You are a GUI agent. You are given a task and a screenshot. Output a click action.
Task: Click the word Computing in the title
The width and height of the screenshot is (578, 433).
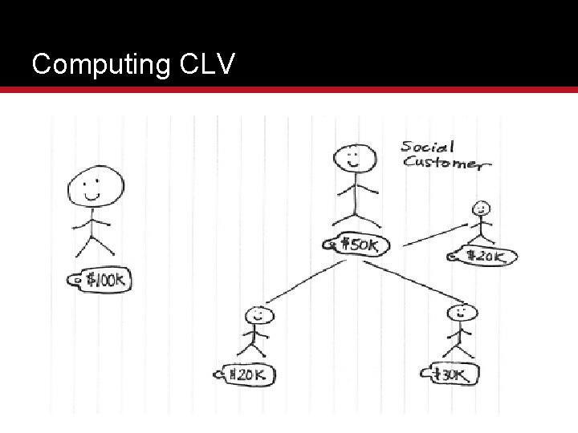pyautogui.click(x=99, y=64)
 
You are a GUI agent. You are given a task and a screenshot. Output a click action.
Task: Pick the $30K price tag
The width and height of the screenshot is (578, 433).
pyautogui.click(x=453, y=374)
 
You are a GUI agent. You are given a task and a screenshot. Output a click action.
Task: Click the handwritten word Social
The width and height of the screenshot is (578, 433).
pyautogui.click(x=428, y=147)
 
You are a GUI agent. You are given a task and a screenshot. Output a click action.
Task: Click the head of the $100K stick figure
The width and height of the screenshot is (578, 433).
pyautogui.click(x=94, y=186)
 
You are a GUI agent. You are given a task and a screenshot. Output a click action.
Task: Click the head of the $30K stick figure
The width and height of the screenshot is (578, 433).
pyautogui.click(x=460, y=314)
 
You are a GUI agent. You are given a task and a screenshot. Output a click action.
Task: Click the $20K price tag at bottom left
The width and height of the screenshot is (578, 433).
pyautogui.click(x=249, y=374)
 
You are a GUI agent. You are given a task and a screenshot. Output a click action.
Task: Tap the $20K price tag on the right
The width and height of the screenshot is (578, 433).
pyautogui.click(x=486, y=257)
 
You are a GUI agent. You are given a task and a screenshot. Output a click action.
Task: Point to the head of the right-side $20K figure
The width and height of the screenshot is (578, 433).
pyautogui.click(x=481, y=209)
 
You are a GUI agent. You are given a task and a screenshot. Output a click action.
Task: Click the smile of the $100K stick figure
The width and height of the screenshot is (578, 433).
pyautogui.click(x=92, y=195)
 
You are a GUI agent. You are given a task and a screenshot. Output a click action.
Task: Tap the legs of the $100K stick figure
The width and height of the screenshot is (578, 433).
pyautogui.click(x=95, y=244)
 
